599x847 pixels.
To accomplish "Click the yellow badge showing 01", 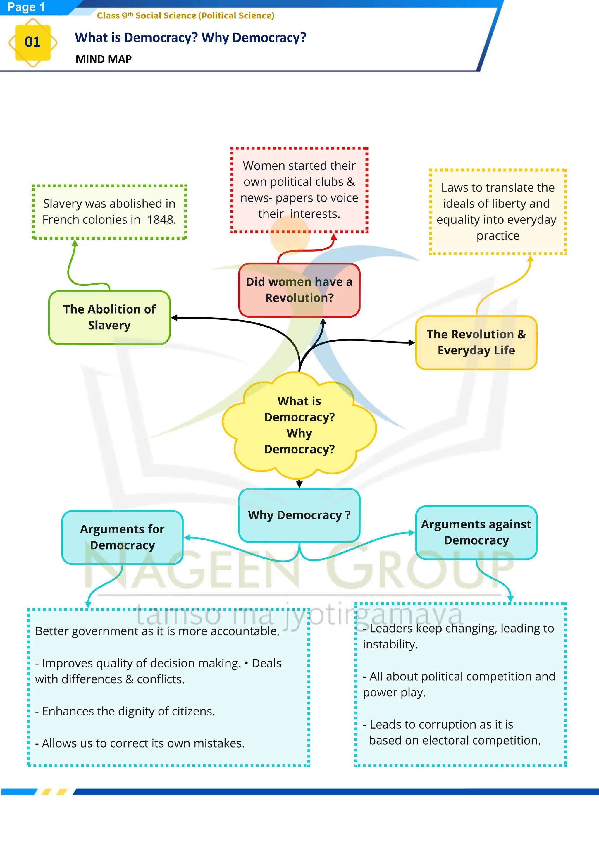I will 32,42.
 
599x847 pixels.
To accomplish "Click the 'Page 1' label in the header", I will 26,7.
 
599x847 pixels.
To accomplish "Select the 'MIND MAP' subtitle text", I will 104,59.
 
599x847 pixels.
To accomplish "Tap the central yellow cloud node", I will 299,425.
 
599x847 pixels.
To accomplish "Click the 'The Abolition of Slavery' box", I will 109,317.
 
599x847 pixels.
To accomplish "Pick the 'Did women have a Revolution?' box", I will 299,290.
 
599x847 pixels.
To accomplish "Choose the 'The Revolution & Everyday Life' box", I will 476,342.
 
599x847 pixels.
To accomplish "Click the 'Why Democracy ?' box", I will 299,515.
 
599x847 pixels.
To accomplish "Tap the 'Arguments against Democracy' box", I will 476,532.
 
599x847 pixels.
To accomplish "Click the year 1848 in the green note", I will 161,220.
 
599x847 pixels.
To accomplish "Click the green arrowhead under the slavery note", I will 75,243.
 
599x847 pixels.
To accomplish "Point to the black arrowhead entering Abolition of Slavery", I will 174,318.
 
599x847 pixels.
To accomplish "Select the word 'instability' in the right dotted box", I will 390,645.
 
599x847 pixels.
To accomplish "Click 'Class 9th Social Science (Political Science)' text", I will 185,16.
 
